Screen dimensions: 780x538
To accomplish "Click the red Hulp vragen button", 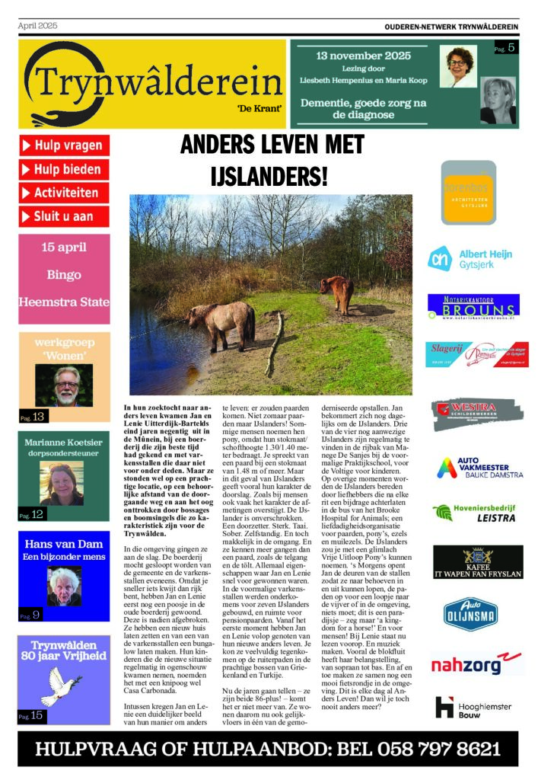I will point(65,145).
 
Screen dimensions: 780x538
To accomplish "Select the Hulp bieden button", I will point(65,169).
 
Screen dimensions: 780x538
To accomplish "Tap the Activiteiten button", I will point(65,193).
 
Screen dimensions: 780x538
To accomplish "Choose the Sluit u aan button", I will point(65,216).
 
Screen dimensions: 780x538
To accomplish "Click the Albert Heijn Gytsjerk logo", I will point(469,258).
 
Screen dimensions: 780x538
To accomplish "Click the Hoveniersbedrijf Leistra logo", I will point(477,513).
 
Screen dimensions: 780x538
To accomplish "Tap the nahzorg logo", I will point(477,663).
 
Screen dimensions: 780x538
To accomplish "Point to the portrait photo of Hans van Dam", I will point(64,586).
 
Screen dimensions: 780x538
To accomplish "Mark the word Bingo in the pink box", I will point(64,274).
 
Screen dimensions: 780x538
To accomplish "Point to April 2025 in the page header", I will point(38,26).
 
